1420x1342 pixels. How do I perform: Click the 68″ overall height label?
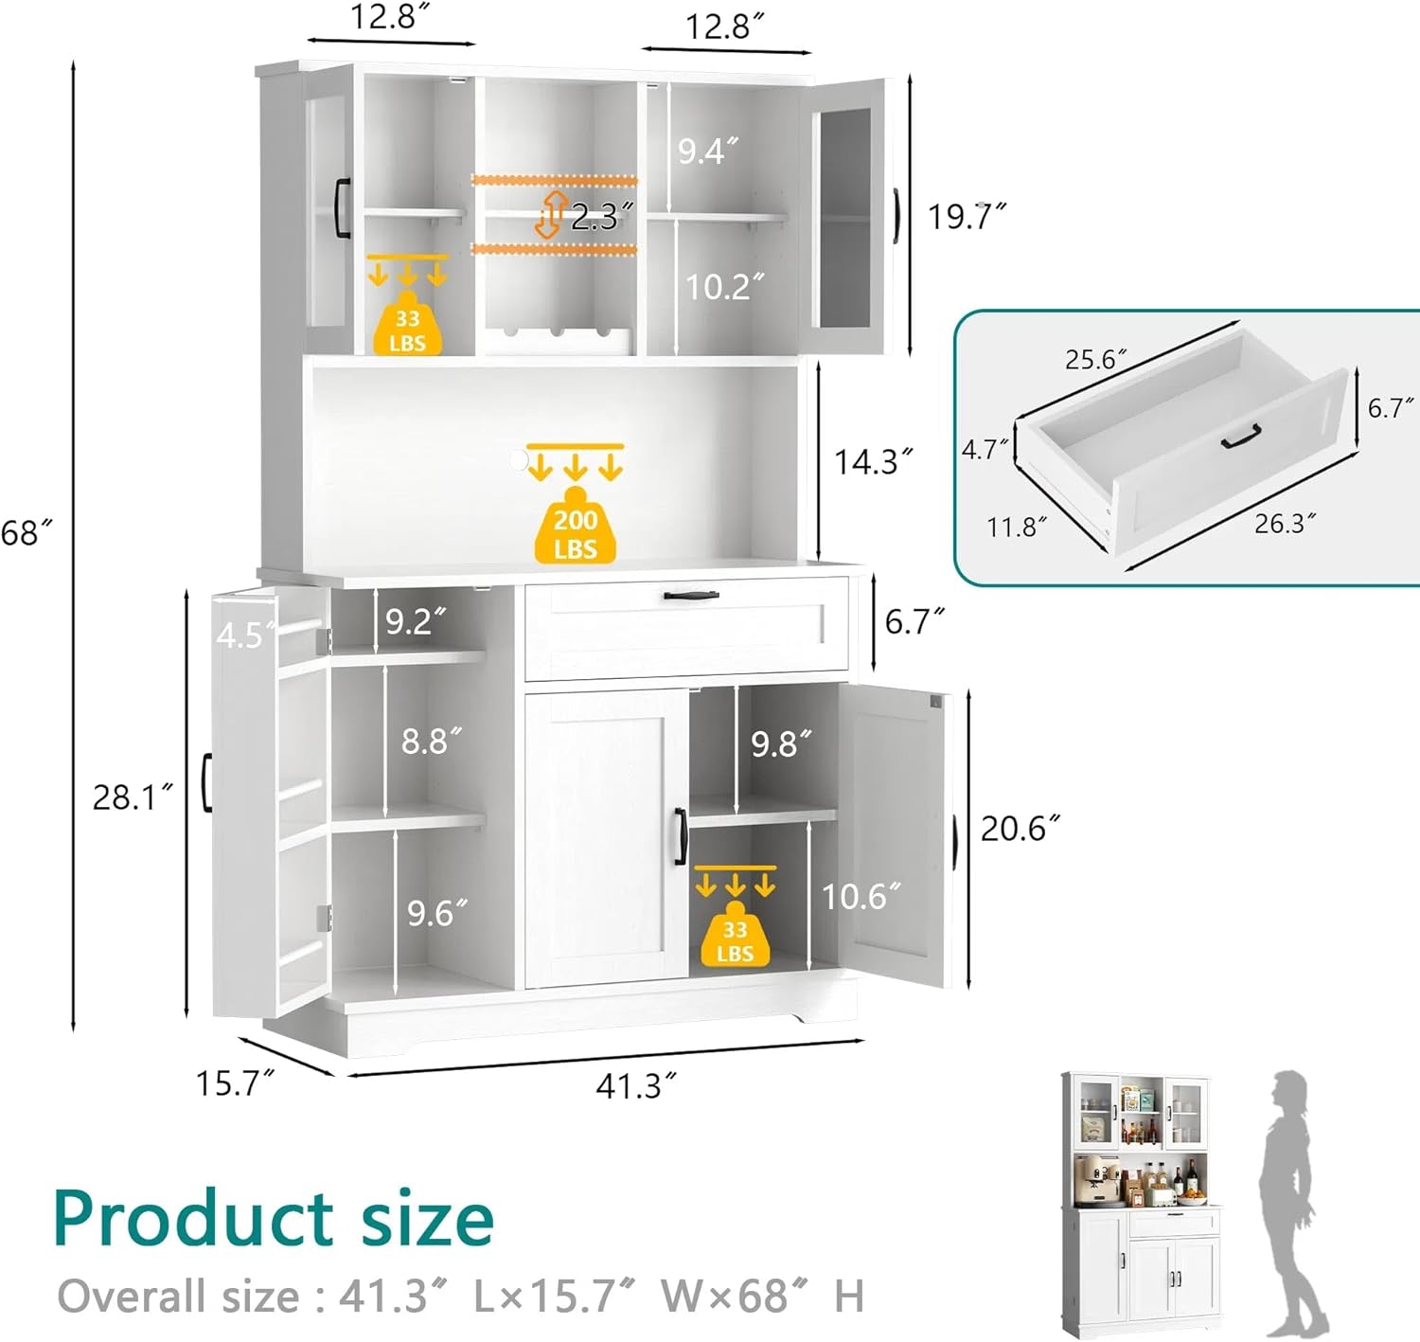click(26, 532)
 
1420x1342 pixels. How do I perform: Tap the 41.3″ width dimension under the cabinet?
click(636, 1085)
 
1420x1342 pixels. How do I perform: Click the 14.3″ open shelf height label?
click(872, 462)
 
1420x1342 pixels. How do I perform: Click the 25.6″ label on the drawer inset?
click(1095, 360)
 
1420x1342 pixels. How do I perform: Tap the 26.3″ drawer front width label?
click(1285, 523)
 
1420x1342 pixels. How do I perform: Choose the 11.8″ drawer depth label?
click(1017, 527)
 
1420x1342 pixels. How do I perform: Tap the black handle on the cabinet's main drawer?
click(691, 596)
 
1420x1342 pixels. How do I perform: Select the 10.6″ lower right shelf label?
click(861, 896)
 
